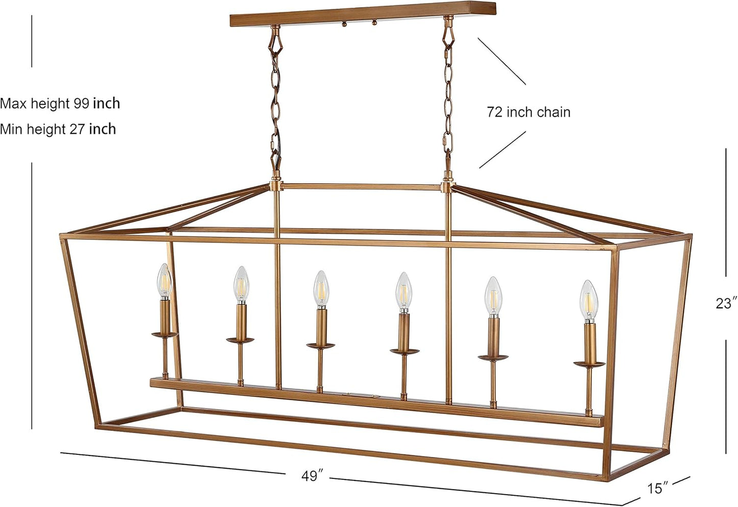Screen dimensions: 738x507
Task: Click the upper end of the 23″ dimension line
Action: click(726, 149)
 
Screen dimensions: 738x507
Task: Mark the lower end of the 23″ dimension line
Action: click(726, 453)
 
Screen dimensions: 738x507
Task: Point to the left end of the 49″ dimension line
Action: click(61, 453)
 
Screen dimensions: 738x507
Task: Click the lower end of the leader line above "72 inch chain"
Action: click(526, 85)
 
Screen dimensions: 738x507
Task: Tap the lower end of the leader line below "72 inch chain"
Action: click(480, 168)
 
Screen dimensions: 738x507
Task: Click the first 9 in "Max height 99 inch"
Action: click(77, 104)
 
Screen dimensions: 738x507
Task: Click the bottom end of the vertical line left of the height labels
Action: click(32, 429)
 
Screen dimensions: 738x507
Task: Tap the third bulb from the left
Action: click(321, 289)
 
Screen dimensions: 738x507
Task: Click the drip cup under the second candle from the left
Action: click(240, 340)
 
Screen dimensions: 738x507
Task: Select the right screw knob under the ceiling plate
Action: click(374, 23)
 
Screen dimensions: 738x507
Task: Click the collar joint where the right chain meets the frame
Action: click(447, 187)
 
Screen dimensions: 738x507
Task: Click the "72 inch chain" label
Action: click(529, 112)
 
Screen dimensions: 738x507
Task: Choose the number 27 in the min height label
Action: click(78, 129)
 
